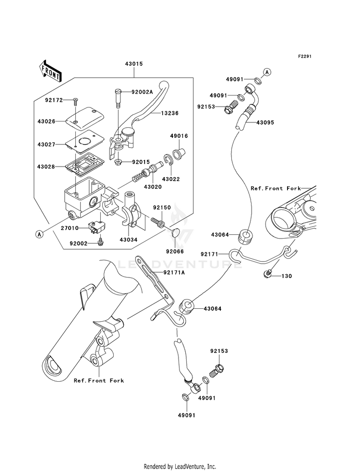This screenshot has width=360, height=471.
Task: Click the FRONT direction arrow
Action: pyautogui.click(x=50, y=71)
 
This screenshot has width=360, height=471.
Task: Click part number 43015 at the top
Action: pyautogui.click(x=134, y=64)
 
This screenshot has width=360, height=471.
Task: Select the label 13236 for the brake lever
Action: pyautogui.click(x=170, y=113)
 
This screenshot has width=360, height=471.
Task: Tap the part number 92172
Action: pyautogui.click(x=54, y=100)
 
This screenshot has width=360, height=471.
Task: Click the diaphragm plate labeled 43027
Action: pyautogui.click(x=84, y=141)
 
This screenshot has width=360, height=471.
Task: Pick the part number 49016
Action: pyautogui.click(x=179, y=136)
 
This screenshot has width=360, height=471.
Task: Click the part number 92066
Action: pyautogui.click(x=175, y=252)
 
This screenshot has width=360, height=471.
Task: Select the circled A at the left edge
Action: pyautogui.click(x=39, y=234)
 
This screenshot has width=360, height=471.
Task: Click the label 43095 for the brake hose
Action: pyautogui.click(x=265, y=122)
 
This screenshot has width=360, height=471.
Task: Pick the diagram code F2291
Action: pyautogui.click(x=304, y=56)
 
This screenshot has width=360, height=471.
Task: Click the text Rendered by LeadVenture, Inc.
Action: pyautogui.click(x=180, y=466)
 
